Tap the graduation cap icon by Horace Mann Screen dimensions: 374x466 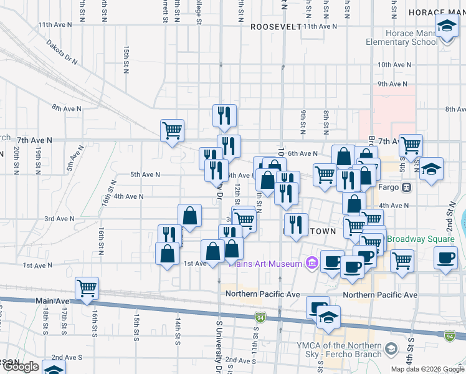pyautogui.click(x=445, y=27)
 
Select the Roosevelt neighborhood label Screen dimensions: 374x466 pyautogui.click(x=275, y=27)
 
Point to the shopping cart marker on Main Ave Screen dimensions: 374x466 pyautogui.click(x=87, y=289)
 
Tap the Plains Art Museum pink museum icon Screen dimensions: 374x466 pyautogui.click(x=310, y=264)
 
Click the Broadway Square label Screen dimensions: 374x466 pyautogui.click(x=421, y=239)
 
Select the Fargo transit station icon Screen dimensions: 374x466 pyautogui.click(x=406, y=186)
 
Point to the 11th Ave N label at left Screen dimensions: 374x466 pyautogui.click(x=55, y=24)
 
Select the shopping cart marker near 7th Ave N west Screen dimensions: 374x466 pyautogui.click(x=172, y=131)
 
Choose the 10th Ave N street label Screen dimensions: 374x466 pyautogui.click(x=393, y=64)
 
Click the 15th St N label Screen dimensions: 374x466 pyautogui.click(x=126, y=56)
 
